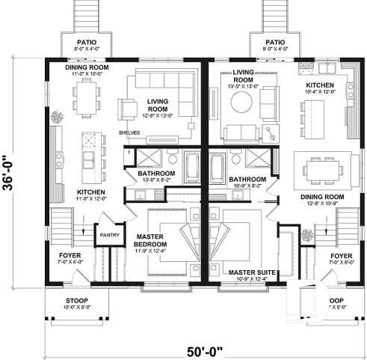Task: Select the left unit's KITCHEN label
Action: pyautogui.click(x=90, y=192)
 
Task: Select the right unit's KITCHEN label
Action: pyautogui.click(x=320, y=86)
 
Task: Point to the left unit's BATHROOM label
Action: pyautogui.click(x=155, y=174)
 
